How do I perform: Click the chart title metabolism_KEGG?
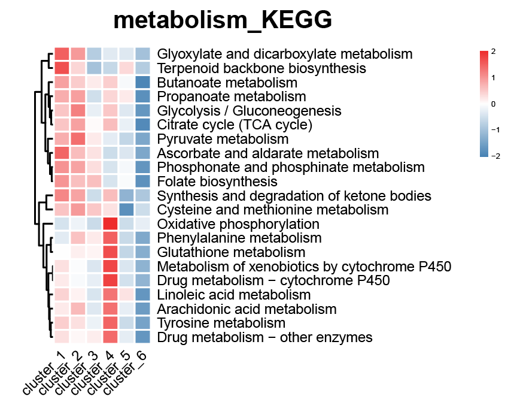(223, 20)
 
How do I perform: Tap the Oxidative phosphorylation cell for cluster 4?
(110, 224)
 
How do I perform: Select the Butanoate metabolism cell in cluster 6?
(143, 83)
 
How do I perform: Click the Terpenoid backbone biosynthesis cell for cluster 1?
(62, 68)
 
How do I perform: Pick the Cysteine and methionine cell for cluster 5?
(126, 210)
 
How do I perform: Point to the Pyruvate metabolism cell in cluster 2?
(78, 139)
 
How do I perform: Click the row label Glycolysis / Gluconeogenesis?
(249, 111)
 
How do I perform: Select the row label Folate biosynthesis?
(217, 182)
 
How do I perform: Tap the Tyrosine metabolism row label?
(221, 323)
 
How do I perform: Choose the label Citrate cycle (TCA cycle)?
(235, 125)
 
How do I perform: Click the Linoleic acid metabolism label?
(234, 295)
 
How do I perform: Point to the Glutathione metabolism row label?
(231, 252)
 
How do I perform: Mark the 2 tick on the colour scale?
(494, 52)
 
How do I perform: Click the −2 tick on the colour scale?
(495, 156)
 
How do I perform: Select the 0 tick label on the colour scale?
(494, 104)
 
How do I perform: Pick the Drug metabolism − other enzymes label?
(264, 337)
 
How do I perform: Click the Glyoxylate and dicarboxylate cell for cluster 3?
(94, 54)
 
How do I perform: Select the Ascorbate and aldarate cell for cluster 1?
(62, 153)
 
